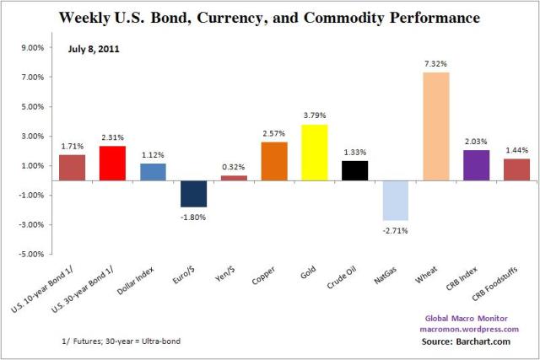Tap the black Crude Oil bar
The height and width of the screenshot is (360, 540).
355,170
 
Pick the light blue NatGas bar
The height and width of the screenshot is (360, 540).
395,200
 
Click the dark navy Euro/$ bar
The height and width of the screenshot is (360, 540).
193,194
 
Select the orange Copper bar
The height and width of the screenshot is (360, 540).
274,161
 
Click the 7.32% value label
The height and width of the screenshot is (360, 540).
435,62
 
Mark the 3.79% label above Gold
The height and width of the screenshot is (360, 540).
315,115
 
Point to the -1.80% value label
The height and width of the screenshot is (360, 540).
193,217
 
